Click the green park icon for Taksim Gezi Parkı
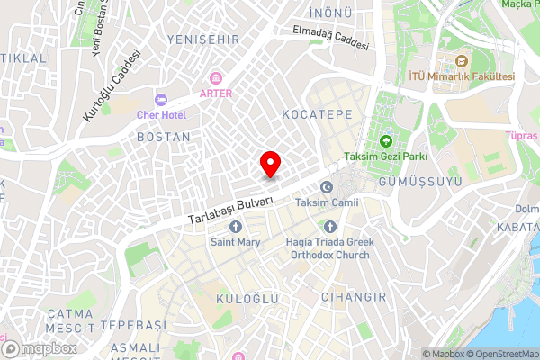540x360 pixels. [386, 141]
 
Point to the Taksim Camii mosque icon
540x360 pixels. [326, 187]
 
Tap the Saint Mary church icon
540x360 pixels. [235, 227]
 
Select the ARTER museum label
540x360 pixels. [216, 93]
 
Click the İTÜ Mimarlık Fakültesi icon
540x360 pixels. [462, 61]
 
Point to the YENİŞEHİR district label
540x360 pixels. [202, 40]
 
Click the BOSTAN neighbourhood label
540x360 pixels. [163, 137]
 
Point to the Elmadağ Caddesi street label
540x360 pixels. [330, 37]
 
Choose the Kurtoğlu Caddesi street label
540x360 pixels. [112, 85]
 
